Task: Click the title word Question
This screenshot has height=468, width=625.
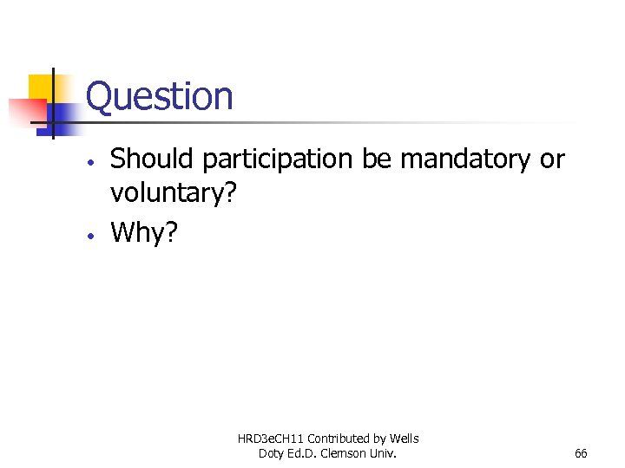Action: tap(160, 96)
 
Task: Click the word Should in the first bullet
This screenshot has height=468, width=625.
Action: tap(154, 159)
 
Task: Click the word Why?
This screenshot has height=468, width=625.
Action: tap(143, 232)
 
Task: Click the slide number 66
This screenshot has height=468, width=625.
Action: tap(581, 453)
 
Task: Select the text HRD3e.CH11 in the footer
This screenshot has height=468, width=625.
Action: tap(271, 439)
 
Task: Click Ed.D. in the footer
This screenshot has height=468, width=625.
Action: tap(305, 453)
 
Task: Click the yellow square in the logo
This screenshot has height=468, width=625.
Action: tap(42, 88)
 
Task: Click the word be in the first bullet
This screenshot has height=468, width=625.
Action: tap(377, 159)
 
